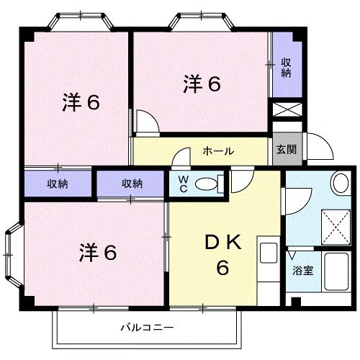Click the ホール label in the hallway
coord(217,151)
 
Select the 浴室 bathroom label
coord(302,271)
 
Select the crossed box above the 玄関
coord(285,112)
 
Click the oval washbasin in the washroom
coord(339,184)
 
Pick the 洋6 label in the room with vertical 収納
coord(201,85)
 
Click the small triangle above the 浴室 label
coord(292,255)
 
